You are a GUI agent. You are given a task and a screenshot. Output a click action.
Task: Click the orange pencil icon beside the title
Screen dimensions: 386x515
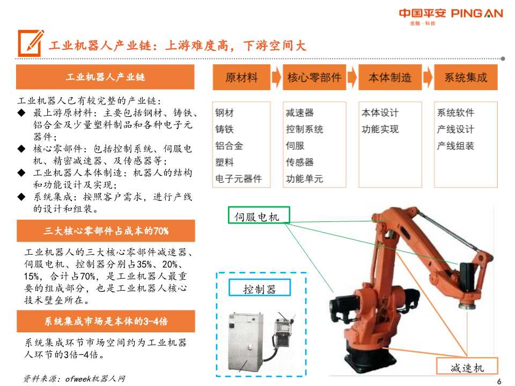30,43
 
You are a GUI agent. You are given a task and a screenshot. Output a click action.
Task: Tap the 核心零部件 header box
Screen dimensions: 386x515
314,78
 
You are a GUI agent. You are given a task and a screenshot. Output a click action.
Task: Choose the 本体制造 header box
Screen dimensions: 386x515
389,78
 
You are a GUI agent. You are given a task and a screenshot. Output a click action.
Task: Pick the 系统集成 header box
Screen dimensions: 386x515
466,78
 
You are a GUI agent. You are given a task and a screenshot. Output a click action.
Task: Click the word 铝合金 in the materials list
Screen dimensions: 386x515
229,146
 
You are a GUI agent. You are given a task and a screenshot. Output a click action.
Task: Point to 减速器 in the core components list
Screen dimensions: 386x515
300,113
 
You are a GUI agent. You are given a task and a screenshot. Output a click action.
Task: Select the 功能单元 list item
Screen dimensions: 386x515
305,179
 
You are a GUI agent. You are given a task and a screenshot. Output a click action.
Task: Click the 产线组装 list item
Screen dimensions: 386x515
455,146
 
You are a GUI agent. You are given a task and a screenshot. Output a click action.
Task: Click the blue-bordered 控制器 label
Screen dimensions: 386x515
260,289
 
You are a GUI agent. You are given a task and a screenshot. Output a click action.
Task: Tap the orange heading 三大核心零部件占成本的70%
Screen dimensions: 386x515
105,231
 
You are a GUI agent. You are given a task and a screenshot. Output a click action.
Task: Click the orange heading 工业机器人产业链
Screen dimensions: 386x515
105,77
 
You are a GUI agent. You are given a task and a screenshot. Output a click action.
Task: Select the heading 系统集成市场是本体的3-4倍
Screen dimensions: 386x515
105,322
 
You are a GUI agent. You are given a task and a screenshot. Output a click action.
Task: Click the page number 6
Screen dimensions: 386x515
499,381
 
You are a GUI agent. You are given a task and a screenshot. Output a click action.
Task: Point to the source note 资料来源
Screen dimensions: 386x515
75,378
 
